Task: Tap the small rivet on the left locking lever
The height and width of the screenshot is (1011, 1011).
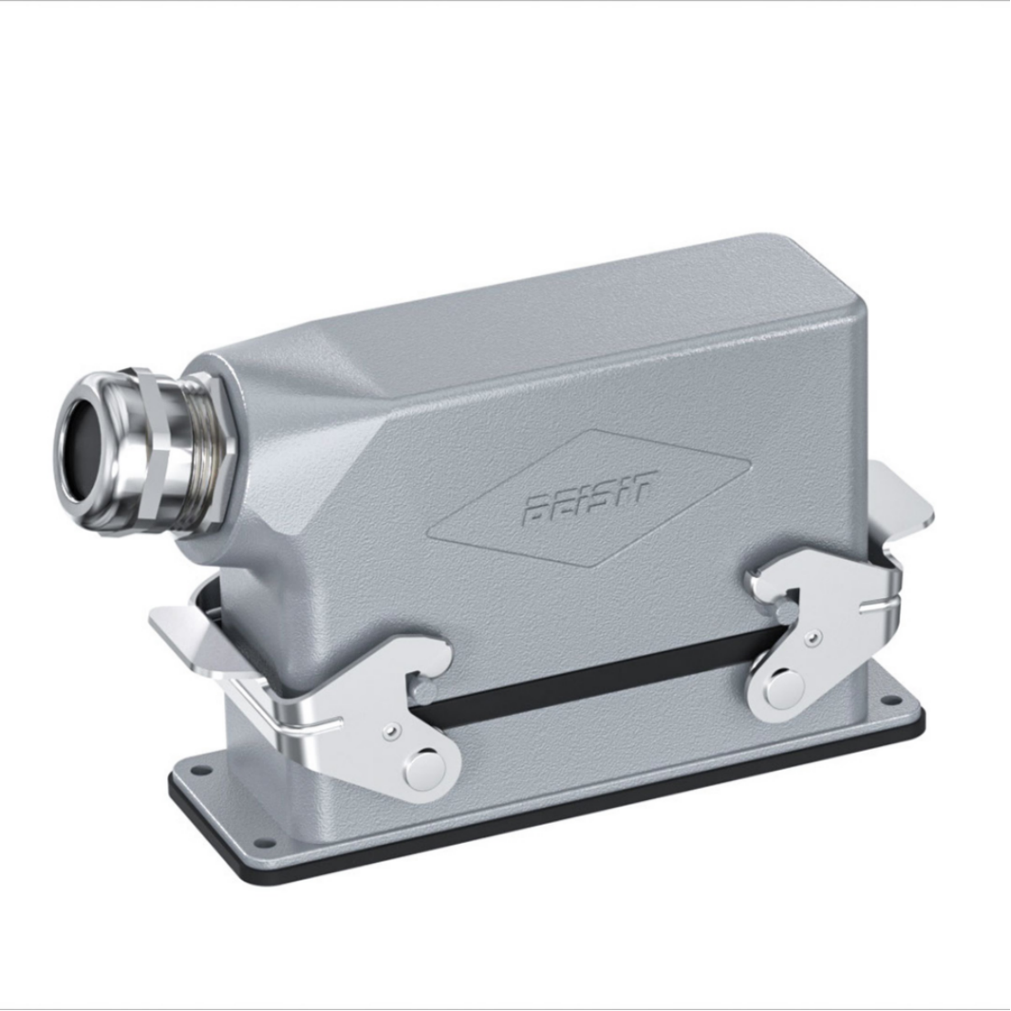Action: tap(390, 731)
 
